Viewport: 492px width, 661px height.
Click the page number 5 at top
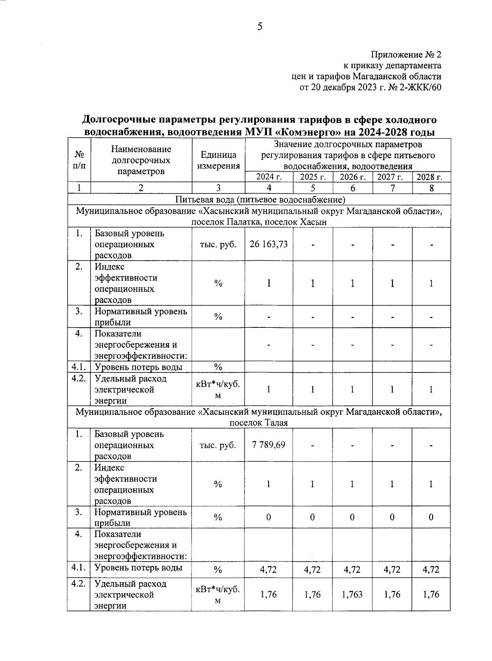(260, 27)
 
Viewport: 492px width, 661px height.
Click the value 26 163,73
(269, 244)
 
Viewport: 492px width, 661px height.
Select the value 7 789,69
(269, 445)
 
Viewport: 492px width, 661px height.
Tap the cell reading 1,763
(352, 594)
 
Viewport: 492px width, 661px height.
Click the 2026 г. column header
(352, 177)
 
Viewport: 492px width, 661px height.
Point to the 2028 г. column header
(431, 177)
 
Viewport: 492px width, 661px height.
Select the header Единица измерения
(218, 160)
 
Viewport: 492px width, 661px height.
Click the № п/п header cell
(79, 160)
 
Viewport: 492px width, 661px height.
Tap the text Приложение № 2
(406, 55)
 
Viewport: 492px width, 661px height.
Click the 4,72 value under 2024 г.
(269, 570)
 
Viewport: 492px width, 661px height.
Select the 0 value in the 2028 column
(431, 517)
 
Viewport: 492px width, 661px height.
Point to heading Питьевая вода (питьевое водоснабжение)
(260, 200)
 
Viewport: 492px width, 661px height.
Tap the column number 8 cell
(431, 188)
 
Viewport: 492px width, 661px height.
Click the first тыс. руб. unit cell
(218, 244)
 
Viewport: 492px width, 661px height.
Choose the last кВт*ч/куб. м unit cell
(218, 594)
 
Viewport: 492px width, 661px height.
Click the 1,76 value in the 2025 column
(312, 594)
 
